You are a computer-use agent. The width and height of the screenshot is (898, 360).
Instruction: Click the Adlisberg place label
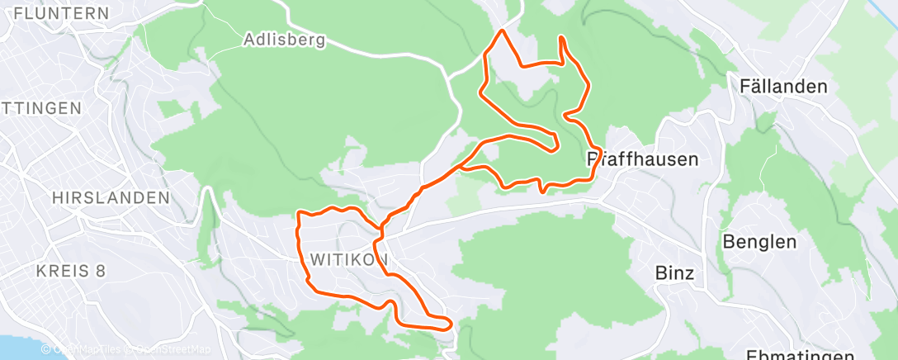coord(285,39)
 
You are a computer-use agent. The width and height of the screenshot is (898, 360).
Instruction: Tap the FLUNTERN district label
coord(62,13)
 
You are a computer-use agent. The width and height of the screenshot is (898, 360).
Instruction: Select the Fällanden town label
coord(783,87)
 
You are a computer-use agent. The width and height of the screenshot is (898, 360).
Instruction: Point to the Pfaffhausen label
coord(642,159)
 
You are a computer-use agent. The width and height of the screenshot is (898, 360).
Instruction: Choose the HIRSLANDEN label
coord(111,198)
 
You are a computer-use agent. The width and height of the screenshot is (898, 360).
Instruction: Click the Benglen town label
coord(759,242)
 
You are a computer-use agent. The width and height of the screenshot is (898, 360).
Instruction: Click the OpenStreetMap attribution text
coord(170,349)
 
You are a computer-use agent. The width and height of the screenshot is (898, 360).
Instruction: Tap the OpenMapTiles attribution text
coord(88,349)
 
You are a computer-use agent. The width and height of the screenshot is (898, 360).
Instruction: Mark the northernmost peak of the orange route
coord(500,31)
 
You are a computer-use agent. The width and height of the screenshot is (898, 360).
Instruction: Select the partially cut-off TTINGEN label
coord(41,108)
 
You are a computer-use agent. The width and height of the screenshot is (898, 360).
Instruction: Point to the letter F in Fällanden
coord(745,87)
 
